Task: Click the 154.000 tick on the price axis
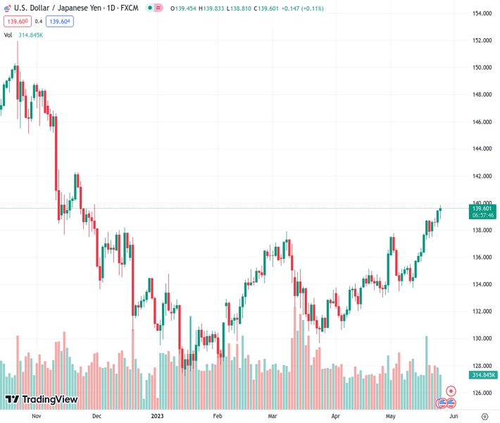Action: click(x=482, y=13)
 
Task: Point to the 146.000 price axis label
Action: click(x=482, y=122)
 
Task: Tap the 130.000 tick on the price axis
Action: click(x=482, y=338)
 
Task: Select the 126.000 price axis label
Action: click(x=482, y=393)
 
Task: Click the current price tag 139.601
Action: click(x=482, y=208)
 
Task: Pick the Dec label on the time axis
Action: click(x=96, y=416)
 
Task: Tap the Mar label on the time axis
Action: click(x=272, y=416)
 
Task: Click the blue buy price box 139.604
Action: click(x=60, y=21)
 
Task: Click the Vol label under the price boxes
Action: click(x=8, y=35)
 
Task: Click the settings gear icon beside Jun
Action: click(x=485, y=416)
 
